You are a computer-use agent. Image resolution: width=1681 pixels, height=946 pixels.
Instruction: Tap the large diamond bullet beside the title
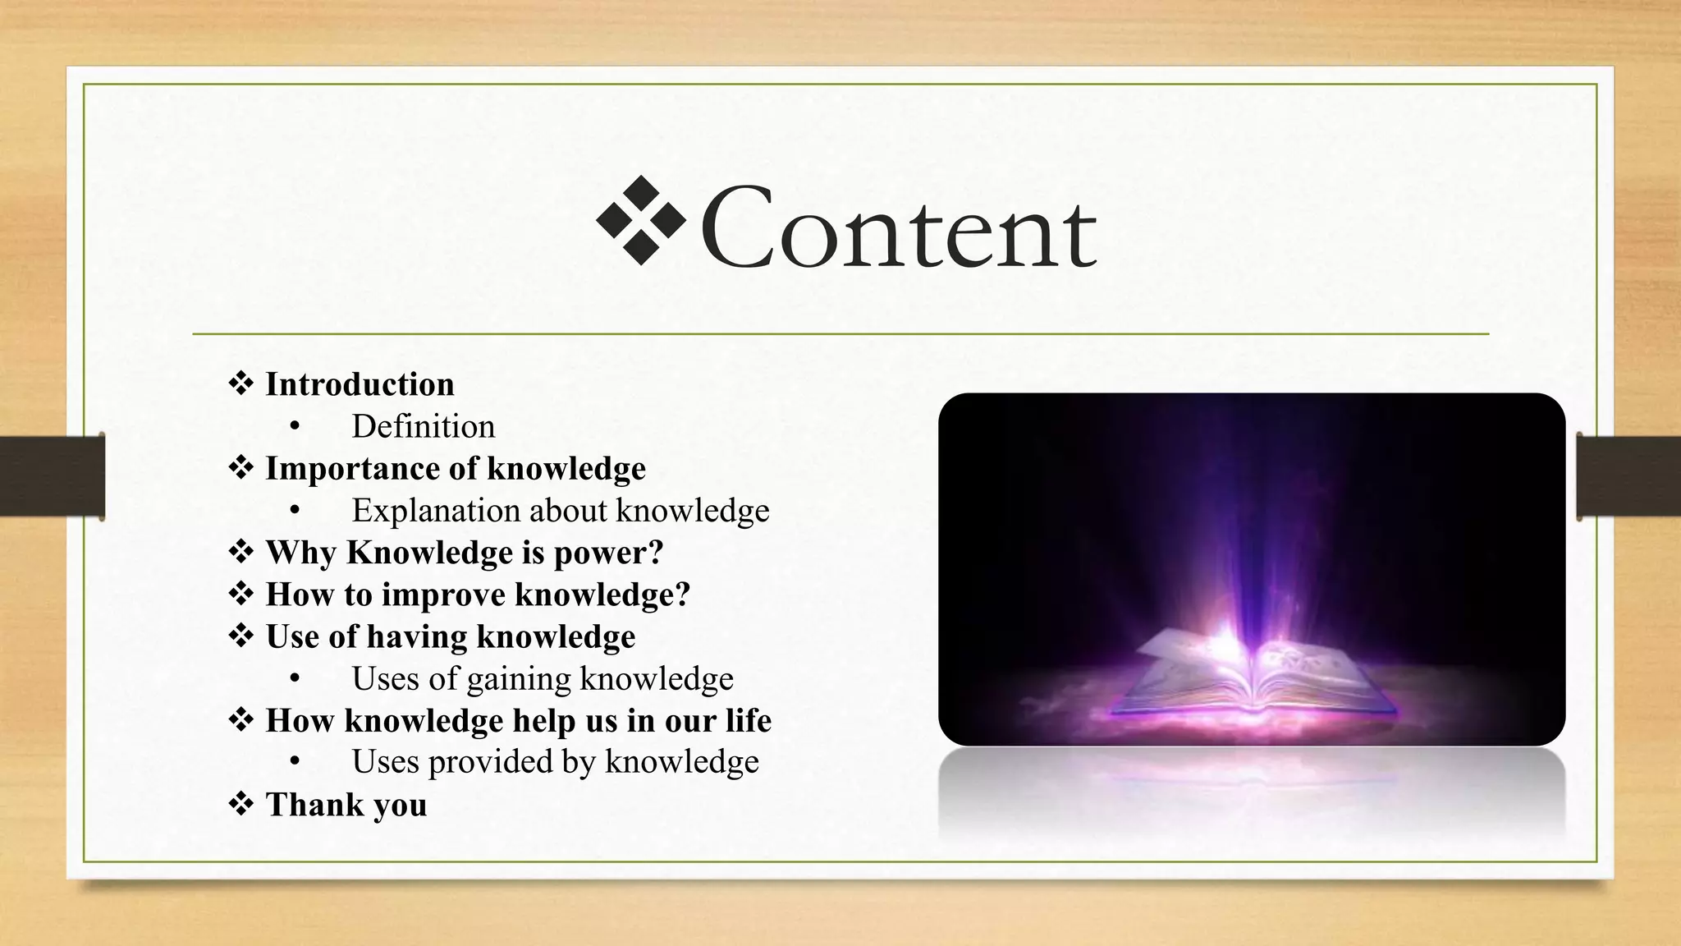pos(640,220)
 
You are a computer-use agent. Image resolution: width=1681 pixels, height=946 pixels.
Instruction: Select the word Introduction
pos(360,384)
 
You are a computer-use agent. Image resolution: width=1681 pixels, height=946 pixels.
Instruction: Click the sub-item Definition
pos(424,426)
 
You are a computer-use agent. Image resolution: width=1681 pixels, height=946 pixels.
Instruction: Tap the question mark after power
pos(655,553)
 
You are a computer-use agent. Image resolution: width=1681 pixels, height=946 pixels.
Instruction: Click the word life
pos(748,720)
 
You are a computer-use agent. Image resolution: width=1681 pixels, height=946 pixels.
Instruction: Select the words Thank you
pos(346,805)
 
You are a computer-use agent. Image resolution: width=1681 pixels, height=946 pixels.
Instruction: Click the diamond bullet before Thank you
pos(240,804)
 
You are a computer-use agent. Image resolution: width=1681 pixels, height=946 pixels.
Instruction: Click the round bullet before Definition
pos(295,427)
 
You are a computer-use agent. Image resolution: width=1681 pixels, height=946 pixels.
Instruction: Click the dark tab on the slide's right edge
pos(1628,476)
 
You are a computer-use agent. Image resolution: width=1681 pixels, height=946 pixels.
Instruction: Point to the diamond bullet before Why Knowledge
pos(240,552)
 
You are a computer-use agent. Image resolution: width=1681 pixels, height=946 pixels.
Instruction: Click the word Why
pos(300,553)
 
